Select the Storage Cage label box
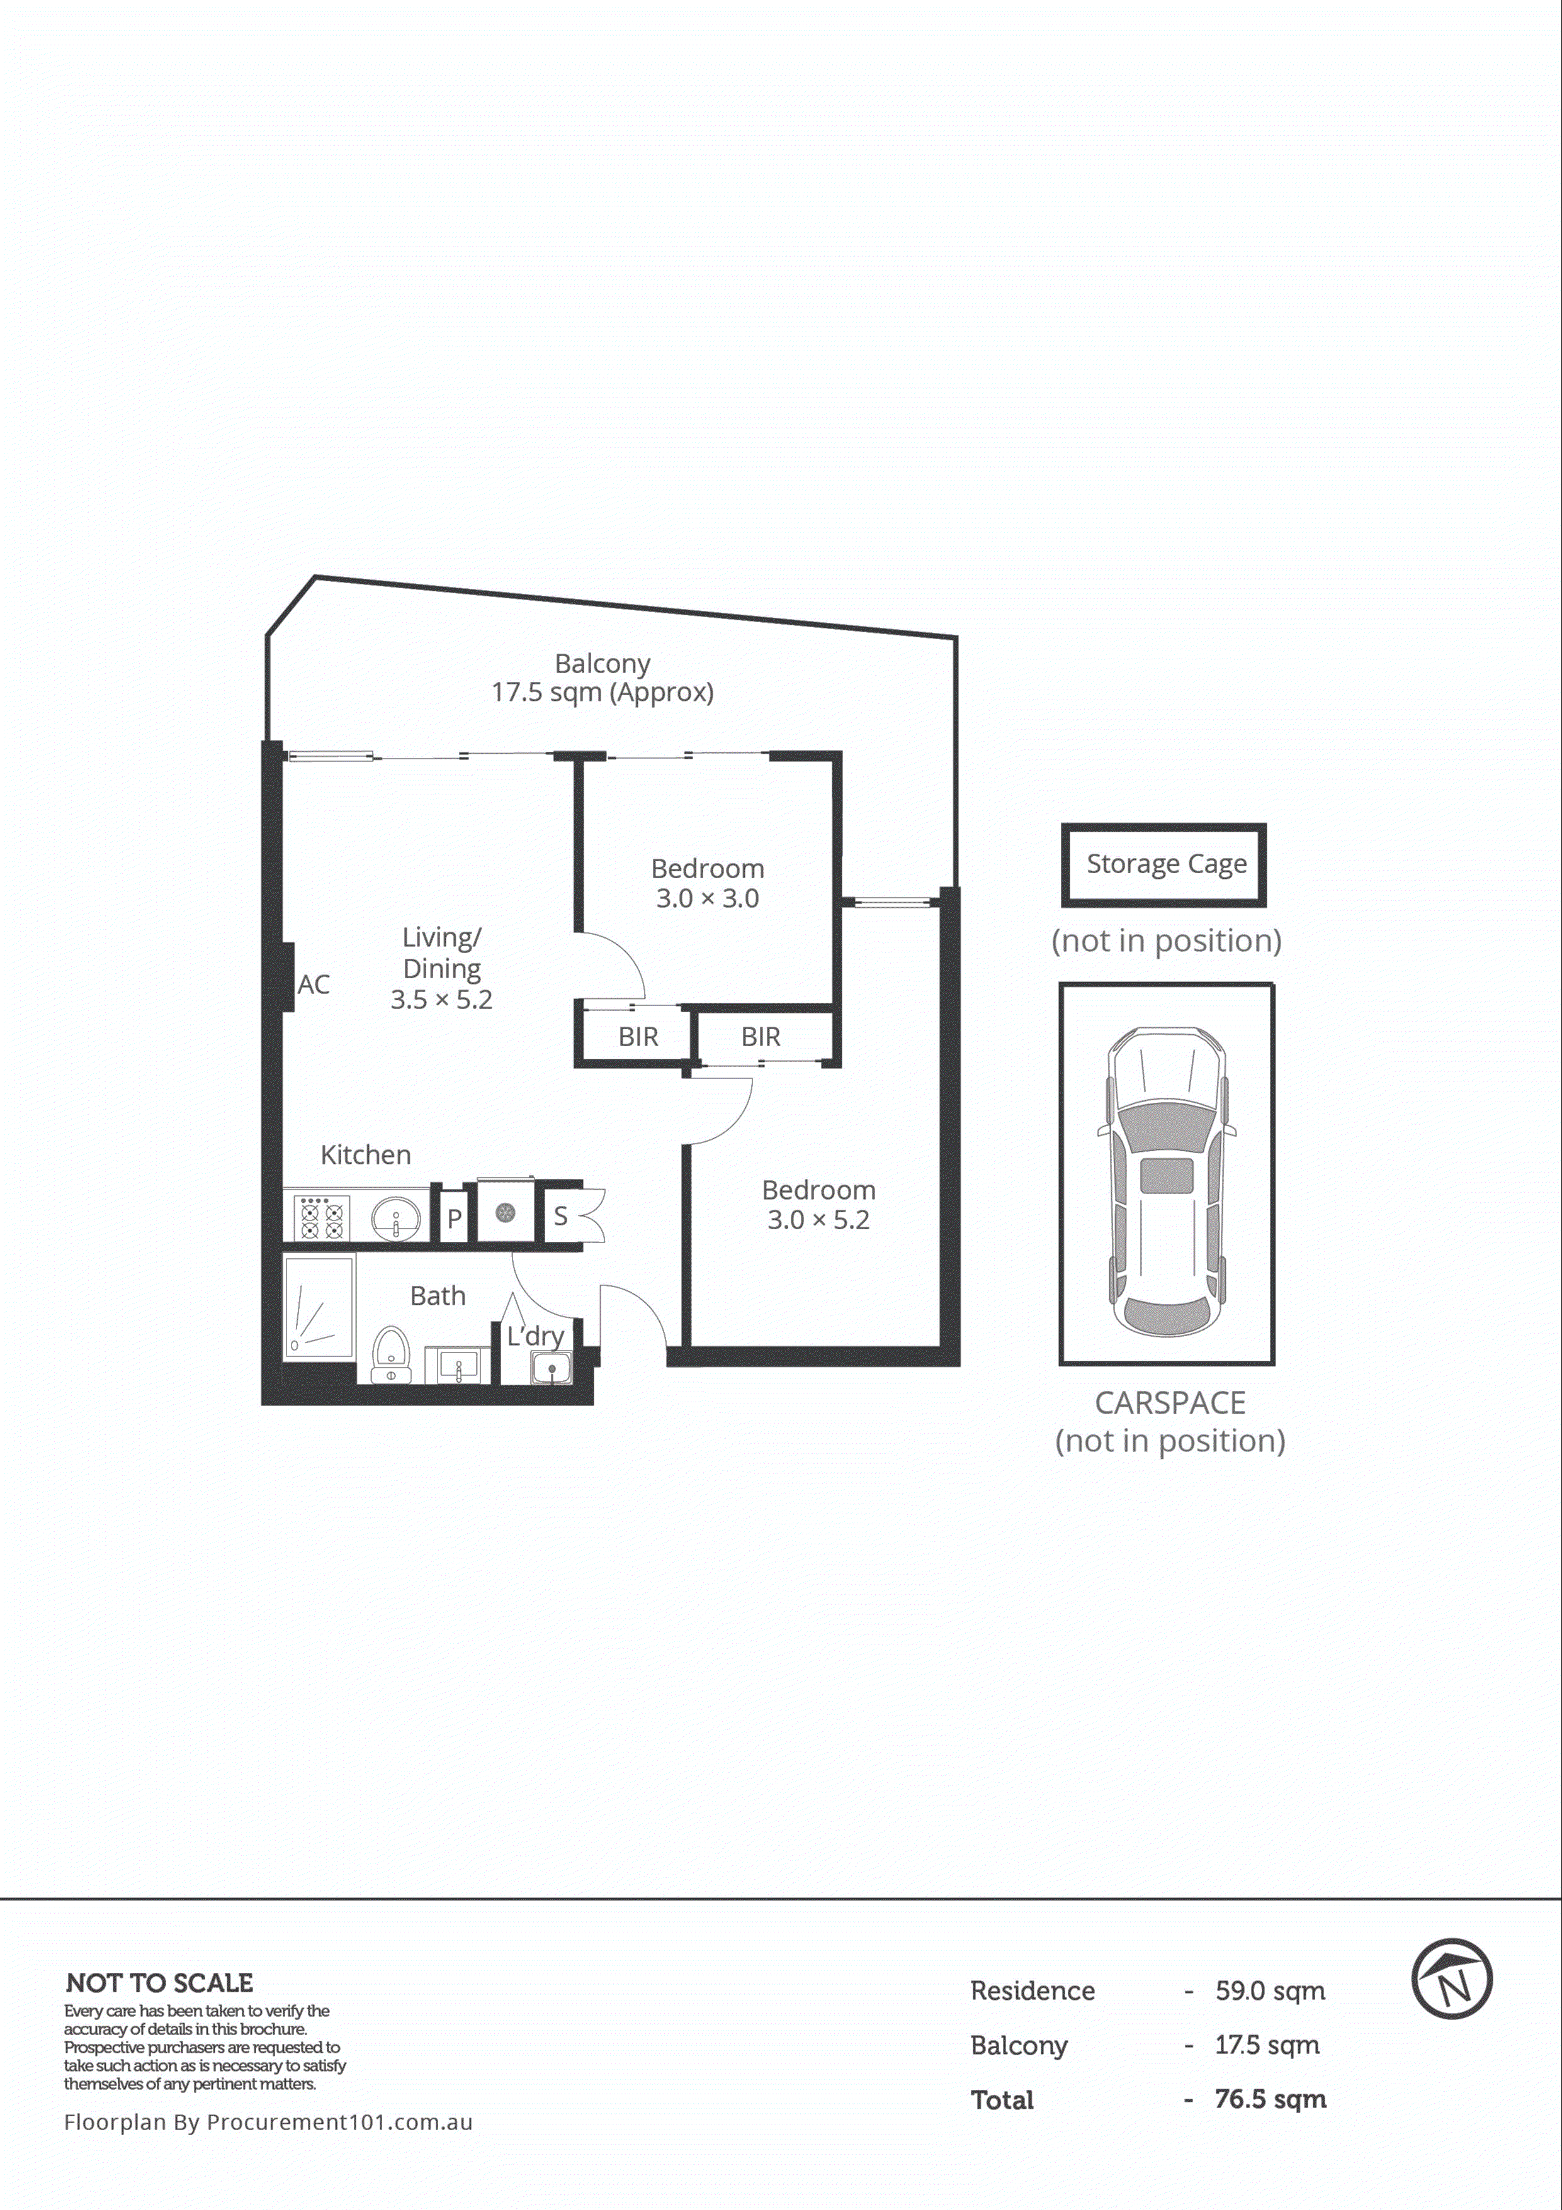pyautogui.click(x=1163, y=864)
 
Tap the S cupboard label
pyautogui.click(x=560, y=1217)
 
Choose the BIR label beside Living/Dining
pyautogui.click(x=638, y=1037)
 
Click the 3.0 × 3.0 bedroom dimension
pyautogui.click(x=707, y=898)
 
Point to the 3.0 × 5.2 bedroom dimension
pyautogui.click(x=818, y=1220)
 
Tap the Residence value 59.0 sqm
pyautogui.click(x=1269, y=1990)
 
